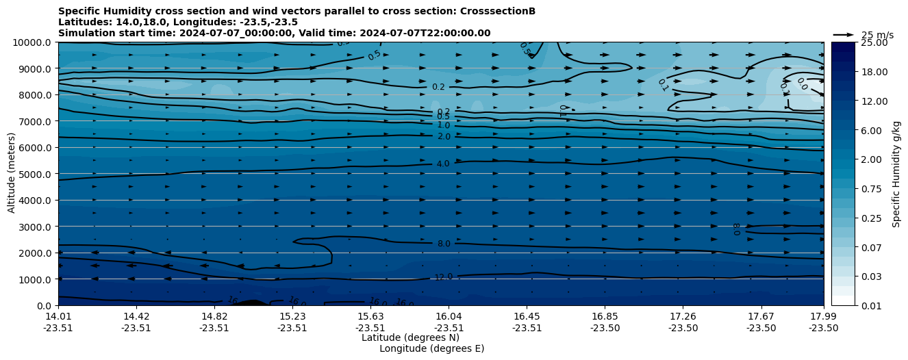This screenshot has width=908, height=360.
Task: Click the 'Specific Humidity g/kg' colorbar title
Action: [896, 174]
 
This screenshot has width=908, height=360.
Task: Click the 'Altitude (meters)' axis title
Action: [12, 174]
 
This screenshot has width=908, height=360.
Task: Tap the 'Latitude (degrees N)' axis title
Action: [410, 337]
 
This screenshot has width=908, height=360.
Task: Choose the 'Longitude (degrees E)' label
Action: [431, 348]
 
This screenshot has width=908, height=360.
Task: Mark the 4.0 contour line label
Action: [443, 164]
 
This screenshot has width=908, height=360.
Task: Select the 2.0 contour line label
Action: [444, 137]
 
